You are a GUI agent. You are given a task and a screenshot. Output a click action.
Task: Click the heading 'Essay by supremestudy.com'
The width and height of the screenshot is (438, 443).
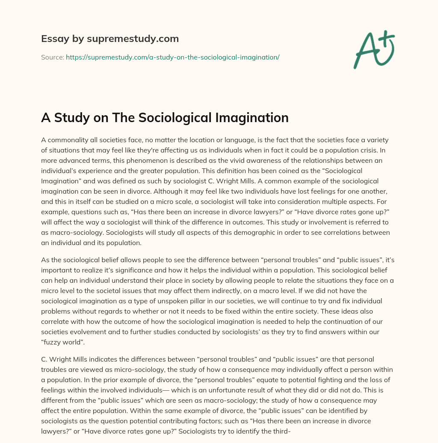pos(110,39)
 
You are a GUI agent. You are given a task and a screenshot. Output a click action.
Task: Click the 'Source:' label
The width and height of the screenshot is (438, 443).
pos(52,57)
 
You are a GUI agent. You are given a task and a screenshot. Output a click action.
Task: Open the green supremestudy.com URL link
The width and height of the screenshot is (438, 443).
pos(172,57)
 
